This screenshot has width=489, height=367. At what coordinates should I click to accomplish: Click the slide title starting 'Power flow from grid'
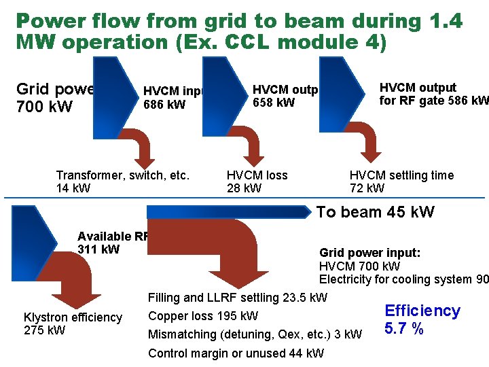click(x=238, y=31)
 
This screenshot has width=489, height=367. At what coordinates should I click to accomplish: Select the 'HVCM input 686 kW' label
click(x=174, y=98)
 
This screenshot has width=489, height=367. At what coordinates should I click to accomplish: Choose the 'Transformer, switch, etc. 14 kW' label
click(x=122, y=181)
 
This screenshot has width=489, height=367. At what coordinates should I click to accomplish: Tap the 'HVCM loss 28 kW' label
click(x=257, y=181)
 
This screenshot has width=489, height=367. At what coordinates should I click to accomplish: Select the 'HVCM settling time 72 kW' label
click(x=401, y=181)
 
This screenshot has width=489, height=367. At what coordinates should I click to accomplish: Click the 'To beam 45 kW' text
click(x=375, y=212)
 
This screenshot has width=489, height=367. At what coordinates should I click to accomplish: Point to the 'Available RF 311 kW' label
click(x=113, y=243)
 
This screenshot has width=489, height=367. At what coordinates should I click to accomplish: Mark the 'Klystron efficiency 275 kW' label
click(x=73, y=324)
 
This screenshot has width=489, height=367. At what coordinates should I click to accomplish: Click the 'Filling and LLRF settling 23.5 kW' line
click(x=237, y=298)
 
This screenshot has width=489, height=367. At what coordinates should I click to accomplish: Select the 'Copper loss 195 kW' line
click(x=202, y=316)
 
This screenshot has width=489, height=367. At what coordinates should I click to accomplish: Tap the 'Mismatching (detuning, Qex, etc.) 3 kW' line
click(x=255, y=334)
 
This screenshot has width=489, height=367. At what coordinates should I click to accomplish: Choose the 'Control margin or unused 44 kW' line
click(x=236, y=353)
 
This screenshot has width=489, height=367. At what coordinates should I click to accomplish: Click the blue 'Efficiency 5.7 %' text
click(x=422, y=319)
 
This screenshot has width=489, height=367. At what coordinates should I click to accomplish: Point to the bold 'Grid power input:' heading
click(x=369, y=253)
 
